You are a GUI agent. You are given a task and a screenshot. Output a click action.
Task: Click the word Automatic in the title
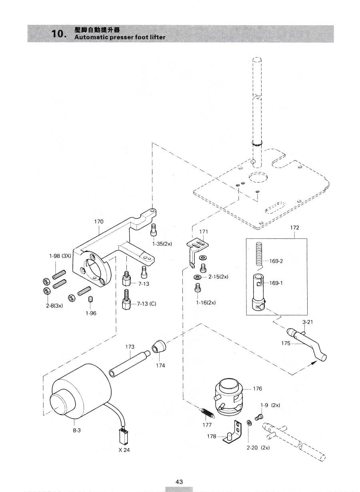pos(91,37)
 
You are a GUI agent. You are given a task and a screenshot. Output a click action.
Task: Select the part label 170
pos(99,222)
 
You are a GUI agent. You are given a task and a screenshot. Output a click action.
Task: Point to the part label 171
pos(203,232)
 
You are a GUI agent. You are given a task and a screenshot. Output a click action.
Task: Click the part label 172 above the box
pos(294,227)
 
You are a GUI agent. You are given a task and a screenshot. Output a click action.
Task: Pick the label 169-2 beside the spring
pos(276,261)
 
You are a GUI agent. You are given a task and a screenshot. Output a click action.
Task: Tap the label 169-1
pos(276,283)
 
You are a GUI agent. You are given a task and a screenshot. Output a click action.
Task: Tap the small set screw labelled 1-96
pos(90,299)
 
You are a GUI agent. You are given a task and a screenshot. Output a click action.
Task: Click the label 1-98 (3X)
pos(60,256)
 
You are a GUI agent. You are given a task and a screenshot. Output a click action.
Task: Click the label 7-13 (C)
pos(146,304)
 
